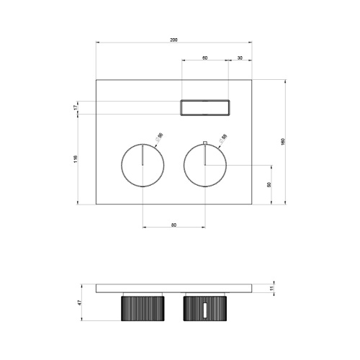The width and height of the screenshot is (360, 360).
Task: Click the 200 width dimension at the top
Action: [174, 39]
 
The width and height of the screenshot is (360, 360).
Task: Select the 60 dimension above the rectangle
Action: [205, 56]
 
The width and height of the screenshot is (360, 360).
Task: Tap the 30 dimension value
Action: [240, 56]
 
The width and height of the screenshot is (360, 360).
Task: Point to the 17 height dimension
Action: [76, 107]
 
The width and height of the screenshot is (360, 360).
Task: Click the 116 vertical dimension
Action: [76, 160]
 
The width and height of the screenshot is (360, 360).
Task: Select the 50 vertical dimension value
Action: [269, 185]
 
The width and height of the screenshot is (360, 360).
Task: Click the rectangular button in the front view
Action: [205, 107]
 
